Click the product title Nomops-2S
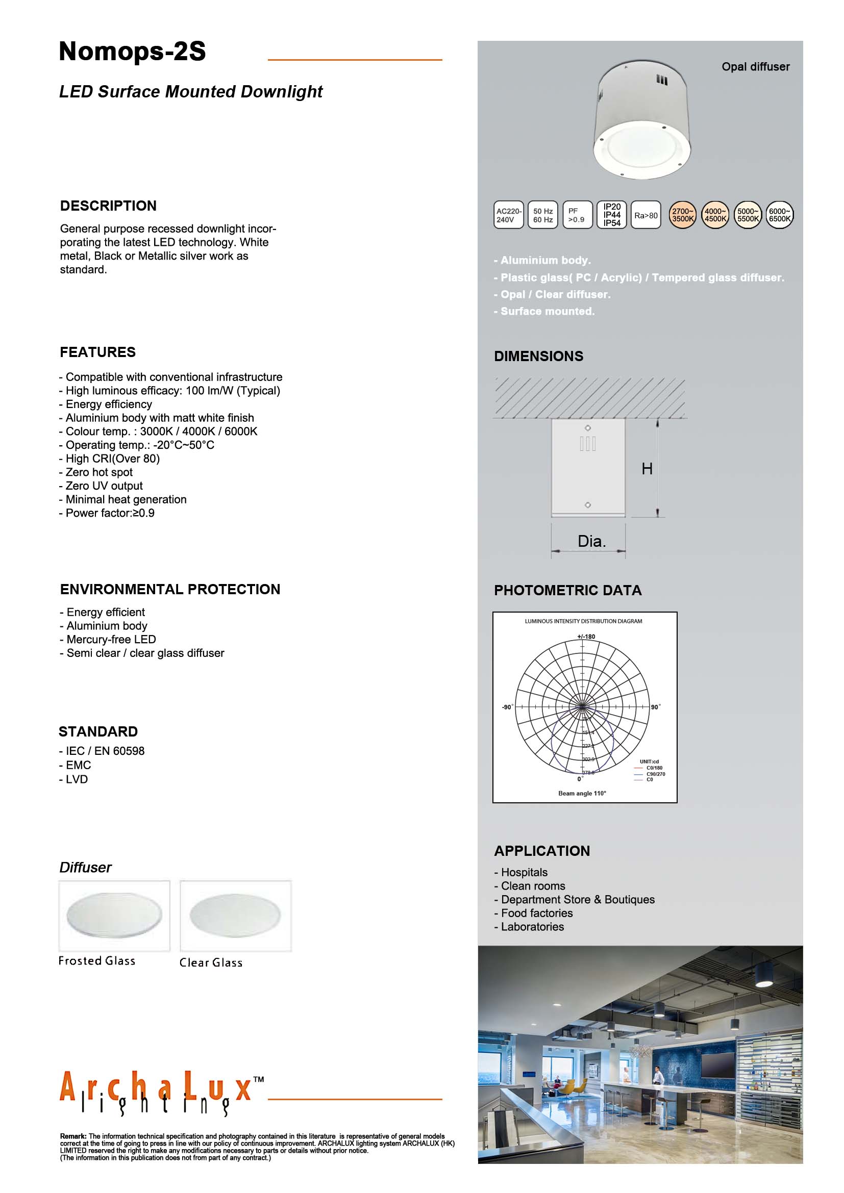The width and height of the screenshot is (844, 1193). pos(132,52)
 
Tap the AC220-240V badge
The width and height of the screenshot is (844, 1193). pos(508,215)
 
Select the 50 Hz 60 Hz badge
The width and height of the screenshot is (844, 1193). pos(542,215)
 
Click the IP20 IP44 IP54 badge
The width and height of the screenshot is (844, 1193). pos(612,215)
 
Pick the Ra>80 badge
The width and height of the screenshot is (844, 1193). pos(646,215)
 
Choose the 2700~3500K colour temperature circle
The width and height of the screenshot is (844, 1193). pos(682,215)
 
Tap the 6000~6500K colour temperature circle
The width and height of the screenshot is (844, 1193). pos(779,215)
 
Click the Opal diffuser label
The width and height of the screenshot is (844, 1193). pos(755,66)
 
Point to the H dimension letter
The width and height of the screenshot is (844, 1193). pos(647,469)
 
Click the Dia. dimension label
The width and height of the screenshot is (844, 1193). pos(591,542)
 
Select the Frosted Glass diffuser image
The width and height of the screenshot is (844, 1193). pos(114,916)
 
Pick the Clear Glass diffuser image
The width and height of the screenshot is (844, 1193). pos(235,916)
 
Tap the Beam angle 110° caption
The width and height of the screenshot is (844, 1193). pos(582,794)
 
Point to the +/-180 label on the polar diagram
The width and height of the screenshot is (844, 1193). pos(586,637)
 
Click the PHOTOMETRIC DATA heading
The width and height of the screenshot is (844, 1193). pos(567,590)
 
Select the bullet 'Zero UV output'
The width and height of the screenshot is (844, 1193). pos(104,486)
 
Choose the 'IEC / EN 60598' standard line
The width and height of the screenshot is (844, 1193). pos(105,751)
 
